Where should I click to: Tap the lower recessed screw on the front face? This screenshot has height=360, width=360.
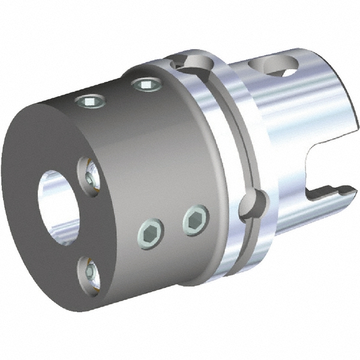91,273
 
